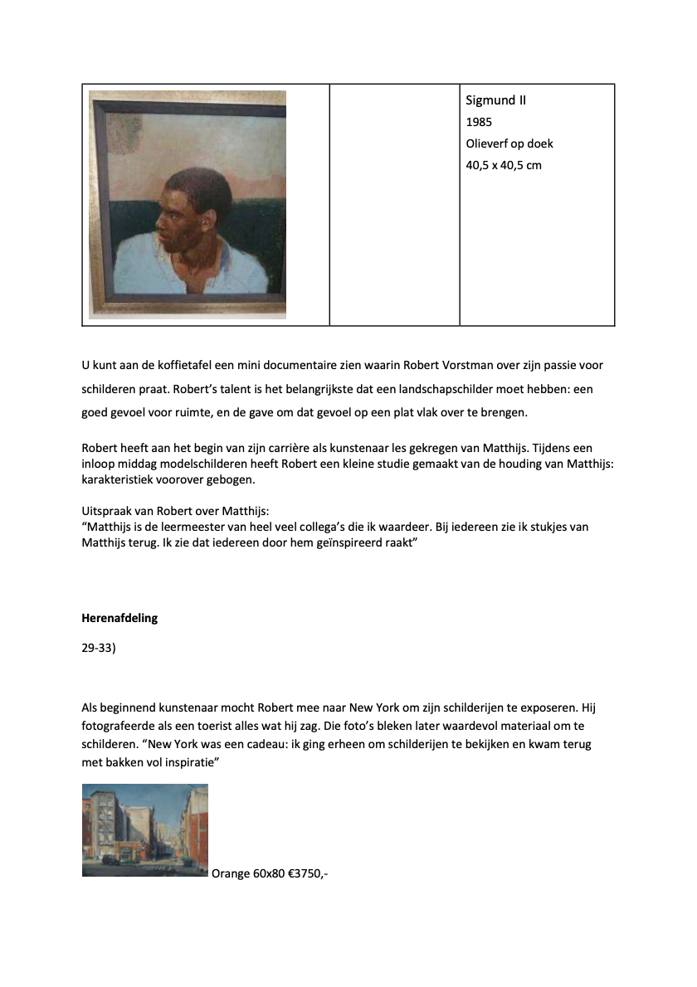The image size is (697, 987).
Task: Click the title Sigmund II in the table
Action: (496, 100)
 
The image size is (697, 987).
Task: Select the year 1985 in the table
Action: (479, 122)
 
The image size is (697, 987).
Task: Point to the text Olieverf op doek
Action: (509, 143)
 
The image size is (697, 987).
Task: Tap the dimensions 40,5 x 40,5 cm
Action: (504, 165)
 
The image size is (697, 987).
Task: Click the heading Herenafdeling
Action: (119, 618)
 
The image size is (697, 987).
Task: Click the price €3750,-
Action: (308, 873)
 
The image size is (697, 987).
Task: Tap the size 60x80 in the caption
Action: (269, 873)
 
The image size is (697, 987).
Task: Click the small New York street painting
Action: (145, 829)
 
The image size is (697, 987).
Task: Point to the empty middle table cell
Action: (394, 204)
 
